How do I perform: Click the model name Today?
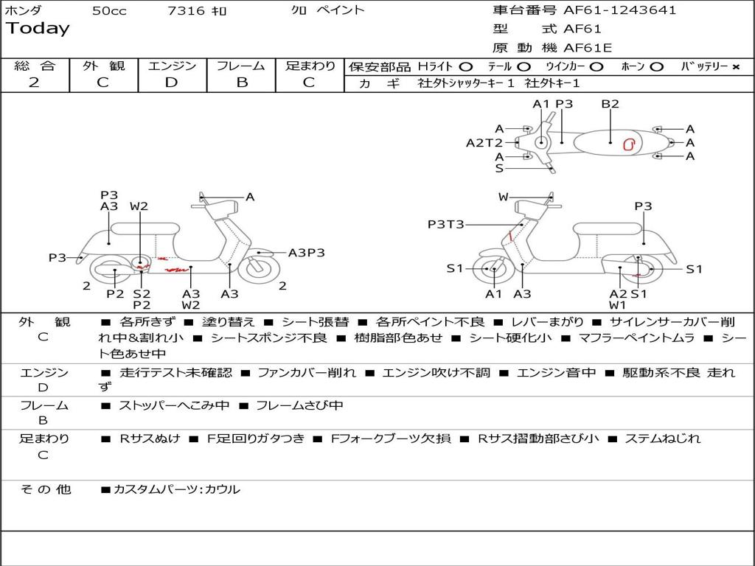point(38,29)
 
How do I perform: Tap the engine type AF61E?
point(588,48)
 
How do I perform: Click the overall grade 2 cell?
point(34,83)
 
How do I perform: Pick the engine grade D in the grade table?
point(172,83)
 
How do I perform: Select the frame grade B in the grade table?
point(241,83)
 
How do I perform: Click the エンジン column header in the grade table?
point(172,66)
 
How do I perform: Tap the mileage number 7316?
point(186,10)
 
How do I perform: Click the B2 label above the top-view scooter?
point(610,104)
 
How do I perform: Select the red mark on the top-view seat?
point(629,144)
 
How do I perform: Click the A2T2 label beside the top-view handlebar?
point(484,143)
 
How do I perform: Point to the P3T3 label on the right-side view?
point(445,224)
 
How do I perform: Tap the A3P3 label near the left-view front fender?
point(306,253)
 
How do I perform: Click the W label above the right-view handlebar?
point(504,197)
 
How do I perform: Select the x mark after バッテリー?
point(735,66)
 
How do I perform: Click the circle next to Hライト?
point(466,66)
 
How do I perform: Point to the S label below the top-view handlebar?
point(499,168)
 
